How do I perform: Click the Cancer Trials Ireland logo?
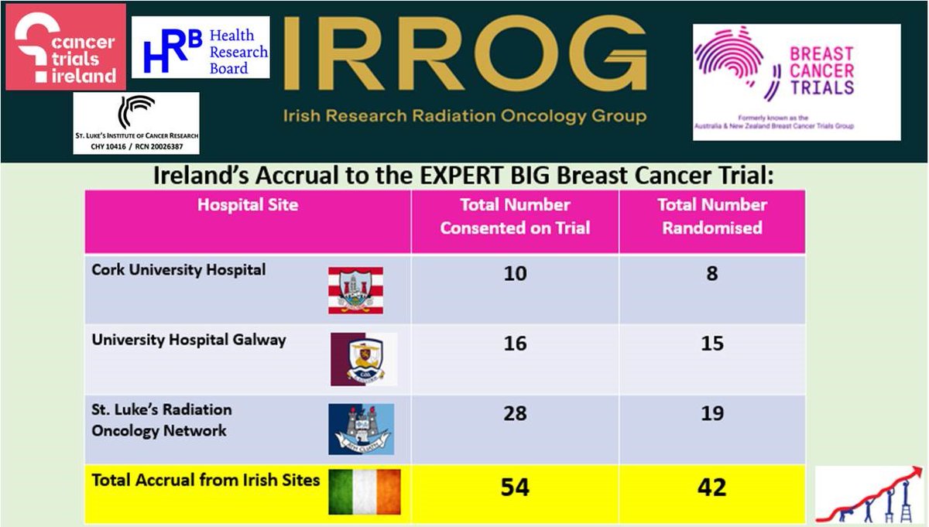pos(66,46)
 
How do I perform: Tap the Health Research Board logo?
pos(201,47)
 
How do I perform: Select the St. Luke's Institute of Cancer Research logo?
pos(136,123)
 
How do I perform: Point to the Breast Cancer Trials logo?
pos(797,81)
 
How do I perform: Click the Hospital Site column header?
pos(248,206)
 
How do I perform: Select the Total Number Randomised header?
pos(711,217)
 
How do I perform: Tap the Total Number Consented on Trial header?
pos(515,217)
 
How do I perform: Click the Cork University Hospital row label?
pos(179,270)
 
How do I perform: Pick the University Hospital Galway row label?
pos(189,339)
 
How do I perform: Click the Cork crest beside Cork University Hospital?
pos(355,290)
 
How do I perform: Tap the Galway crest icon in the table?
pos(364,359)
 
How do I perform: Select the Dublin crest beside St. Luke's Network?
pos(361,428)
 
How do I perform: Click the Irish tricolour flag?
pos(365,491)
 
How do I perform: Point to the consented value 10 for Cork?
pos(515,275)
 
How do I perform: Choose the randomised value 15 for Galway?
pos(711,344)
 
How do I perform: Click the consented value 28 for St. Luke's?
pos(515,413)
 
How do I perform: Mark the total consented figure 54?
pos(515,488)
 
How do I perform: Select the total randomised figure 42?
pos(711,488)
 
